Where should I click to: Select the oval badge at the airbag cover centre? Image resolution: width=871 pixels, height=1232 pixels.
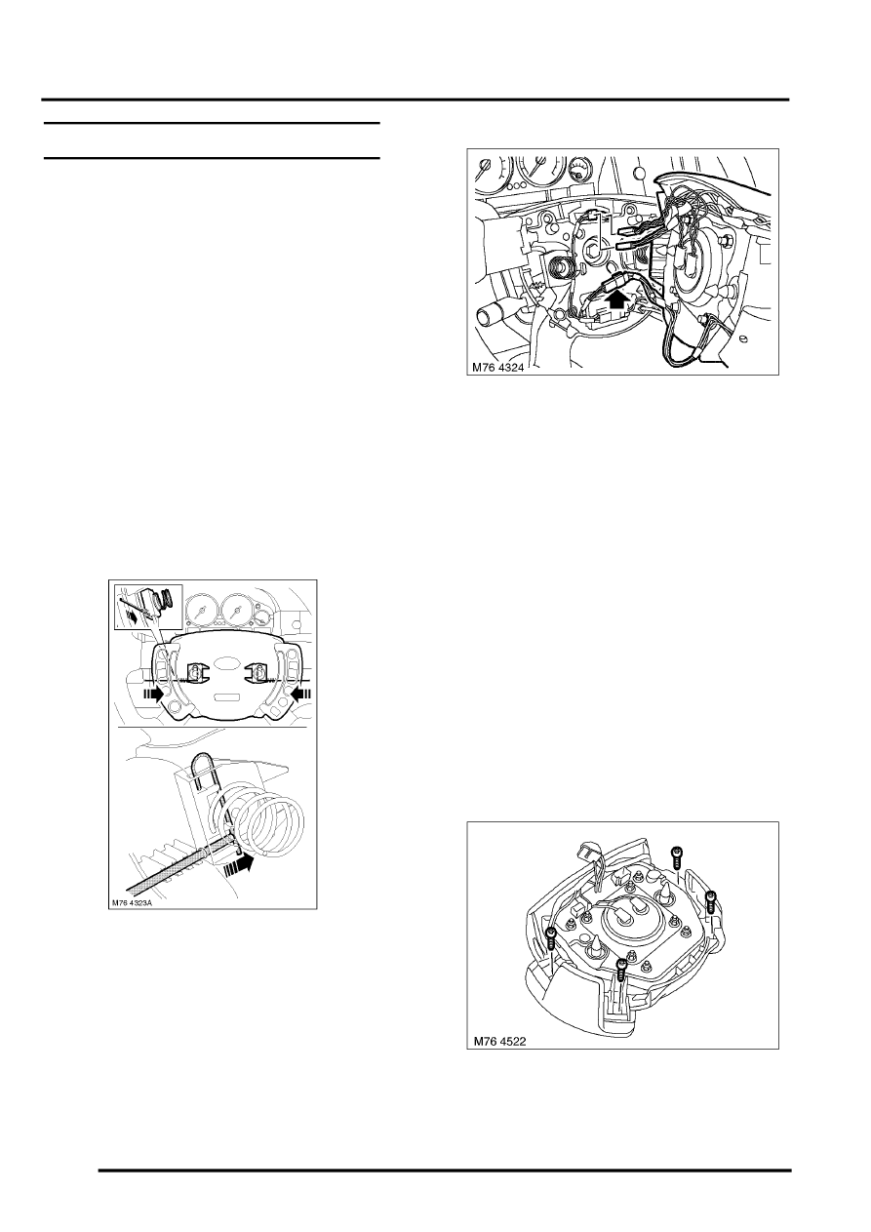pos(226,669)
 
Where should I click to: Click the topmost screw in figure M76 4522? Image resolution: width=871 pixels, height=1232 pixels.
pos(677,855)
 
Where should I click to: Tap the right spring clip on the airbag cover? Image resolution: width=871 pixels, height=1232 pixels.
pos(259,673)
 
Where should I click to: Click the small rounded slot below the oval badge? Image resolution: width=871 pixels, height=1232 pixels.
pos(226,697)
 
